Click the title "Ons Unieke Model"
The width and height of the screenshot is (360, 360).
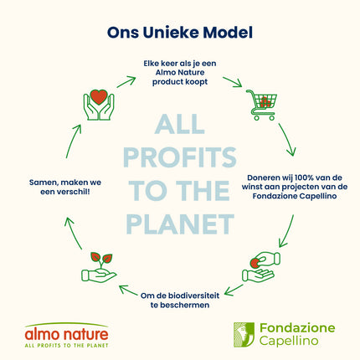(180, 33)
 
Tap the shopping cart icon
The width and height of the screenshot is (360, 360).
(261, 105)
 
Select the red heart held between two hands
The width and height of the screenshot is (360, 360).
(99, 97)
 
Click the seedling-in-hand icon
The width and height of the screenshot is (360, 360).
(99, 267)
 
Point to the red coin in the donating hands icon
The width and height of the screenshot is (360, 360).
(255, 263)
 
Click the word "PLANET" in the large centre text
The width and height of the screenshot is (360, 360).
(180, 224)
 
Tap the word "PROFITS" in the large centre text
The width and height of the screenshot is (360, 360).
(180, 157)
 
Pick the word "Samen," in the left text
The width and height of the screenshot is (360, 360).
(42, 183)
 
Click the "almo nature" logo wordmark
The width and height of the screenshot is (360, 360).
(66, 334)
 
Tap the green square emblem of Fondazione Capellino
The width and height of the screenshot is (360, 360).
(244, 335)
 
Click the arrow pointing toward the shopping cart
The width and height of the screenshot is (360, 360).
(232, 82)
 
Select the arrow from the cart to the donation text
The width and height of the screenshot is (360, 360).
(287, 139)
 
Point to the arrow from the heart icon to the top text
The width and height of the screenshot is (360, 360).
(126, 82)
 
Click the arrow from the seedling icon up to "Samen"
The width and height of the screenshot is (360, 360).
(73, 234)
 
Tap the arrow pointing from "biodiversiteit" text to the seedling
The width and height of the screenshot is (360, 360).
(128, 291)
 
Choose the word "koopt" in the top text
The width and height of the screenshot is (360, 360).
(198, 82)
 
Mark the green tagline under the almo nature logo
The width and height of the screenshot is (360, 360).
(66, 346)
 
